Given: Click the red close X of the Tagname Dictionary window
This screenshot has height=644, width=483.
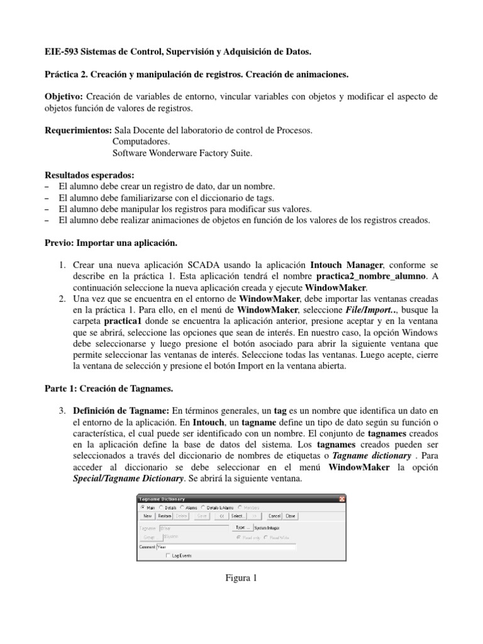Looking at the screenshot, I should pyautogui.click(x=341, y=498).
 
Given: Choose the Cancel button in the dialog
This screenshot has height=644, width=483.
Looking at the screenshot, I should pyautogui.click(x=274, y=515).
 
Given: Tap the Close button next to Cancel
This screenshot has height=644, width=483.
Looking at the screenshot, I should pyautogui.click(x=291, y=515).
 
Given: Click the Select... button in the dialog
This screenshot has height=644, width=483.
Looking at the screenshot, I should pyautogui.click(x=237, y=515).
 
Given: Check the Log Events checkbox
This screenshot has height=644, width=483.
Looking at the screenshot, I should pyautogui.click(x=167, y=555).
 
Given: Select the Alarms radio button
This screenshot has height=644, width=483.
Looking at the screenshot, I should pyautogui.click(x=182, y=506).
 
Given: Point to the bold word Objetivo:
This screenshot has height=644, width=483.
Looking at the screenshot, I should pyautogui.click(x=64, y=97).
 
